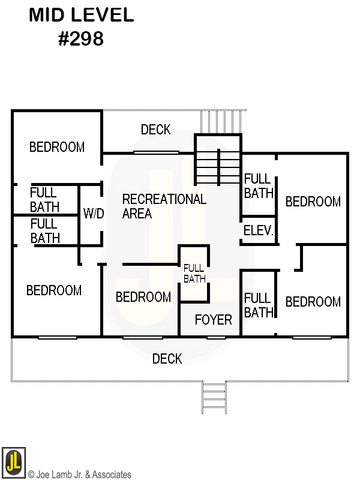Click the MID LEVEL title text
pyautogui.click(x=82, y=15)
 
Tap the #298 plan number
pyautogui.click(x=81, y=38)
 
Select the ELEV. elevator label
pyautogui.click(x=259, y=230)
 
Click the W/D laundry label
pyautogui.click(x=94, y=214)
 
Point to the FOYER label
pyautogui.click(x=214, y=320)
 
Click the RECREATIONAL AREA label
pyautogui.click(x=164, y=206)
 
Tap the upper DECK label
pyautogui.click(x=155, y=130)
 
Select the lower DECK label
pyautogui.click(x=167, y=358)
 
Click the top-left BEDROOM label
pyautogui.click(x=57, y=147)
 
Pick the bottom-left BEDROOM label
pyautogui.click(x=54, y=290)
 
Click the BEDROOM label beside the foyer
pyautogui.click(x=143, y=297)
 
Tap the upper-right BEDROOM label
pyautogui.click(x=313, y=202)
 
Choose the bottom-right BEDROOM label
pyautogui.click(x=313, y=302)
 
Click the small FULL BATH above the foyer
pyautogui.click(x=194, y=274)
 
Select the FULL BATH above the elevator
pyautogui.click(x=259, y=186)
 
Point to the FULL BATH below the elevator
pyautogui.click(x=259, y=305)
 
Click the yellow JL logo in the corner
pyautogui.click(x=13, y=462)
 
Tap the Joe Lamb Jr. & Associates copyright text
pyautogui.click(x=80, y=475)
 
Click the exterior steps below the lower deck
pyautogui.click(x=214, y=397)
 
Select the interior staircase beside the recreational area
pyautogui.click(x=218, y=160)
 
